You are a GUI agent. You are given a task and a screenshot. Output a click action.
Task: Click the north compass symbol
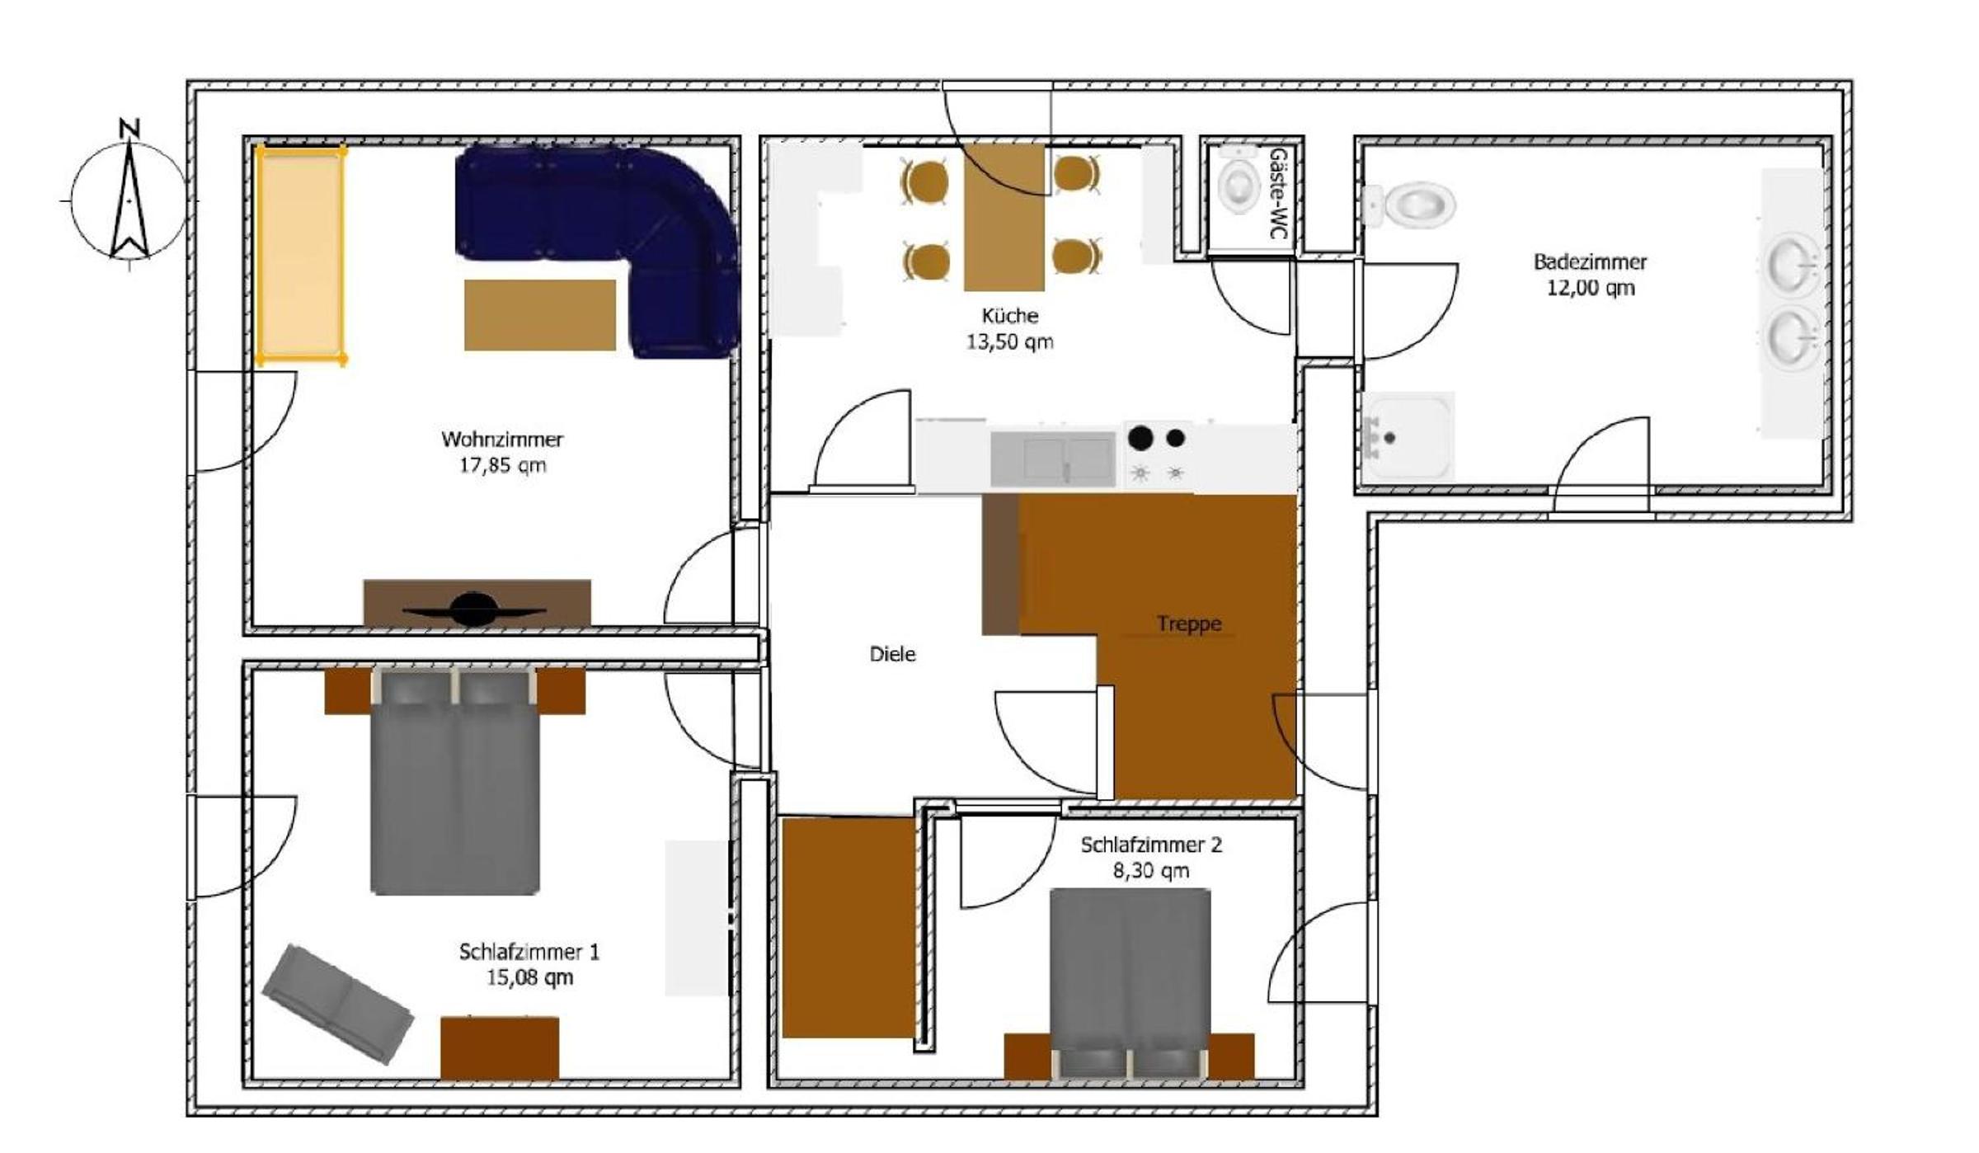pyautogui.click(x=129, y=198)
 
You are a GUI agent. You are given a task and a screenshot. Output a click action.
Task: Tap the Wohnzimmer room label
pyautogui.click(x=502, y=440)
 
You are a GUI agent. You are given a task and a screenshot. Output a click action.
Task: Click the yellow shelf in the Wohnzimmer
pyautogui.click(x=300, y=255)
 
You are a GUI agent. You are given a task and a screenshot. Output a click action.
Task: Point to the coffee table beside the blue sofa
pyautogui.click(x=540, y=315)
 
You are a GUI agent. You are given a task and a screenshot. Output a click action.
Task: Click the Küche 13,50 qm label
pyautogui.click(x=1010, y=328)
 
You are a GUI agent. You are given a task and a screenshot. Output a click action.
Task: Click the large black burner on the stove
pyautogui.click(x=1140, y=438)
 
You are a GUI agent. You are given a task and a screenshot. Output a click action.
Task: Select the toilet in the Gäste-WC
pyautogui.click(x=1238, y=182)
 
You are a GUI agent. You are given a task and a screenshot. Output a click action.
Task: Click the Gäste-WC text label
pyautogui.click(x=1277, y=194)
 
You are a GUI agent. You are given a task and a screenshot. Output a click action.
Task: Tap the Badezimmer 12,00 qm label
pyautogui.click(x=1590, y=275)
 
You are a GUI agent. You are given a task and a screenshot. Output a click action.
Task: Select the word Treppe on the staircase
pyautogui.click(x=1188, y=624)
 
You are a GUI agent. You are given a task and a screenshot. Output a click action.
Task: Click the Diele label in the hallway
pyautogui.click(x=893, y=654)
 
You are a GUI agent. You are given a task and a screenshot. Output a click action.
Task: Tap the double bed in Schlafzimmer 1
pyautogui.click(x=455, y=781)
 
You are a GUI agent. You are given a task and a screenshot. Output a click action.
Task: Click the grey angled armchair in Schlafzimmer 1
pyautogui.click(x=338, y=1003)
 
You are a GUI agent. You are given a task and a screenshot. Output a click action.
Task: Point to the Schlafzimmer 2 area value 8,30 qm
pyautogui.click(x=1151, y=871)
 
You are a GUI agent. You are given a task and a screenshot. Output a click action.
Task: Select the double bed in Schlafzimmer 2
pyautogui.click(x=1130, y=982)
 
